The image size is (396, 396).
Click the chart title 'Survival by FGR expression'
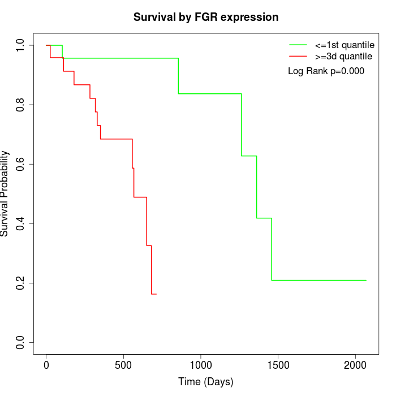[x=206, y=18]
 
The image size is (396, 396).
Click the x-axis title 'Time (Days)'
[x=206, y=382]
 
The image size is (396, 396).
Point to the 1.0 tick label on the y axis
[x=21, y=45]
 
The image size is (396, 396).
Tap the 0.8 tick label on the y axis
[x=21, y=105]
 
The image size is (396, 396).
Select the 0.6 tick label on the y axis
[x=21, y=164]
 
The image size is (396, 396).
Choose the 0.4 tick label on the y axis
[x=21, y=223]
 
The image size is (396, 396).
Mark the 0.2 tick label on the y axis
[x=21, y=283]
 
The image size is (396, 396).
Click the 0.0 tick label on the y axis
[x=21, y=342]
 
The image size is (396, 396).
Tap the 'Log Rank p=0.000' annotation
[x=326, y=71]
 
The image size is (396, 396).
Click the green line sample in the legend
[x=298, y=45]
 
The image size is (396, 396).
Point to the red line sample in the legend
[x=298, y=57]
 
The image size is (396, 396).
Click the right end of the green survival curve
[x=366, y=280]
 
